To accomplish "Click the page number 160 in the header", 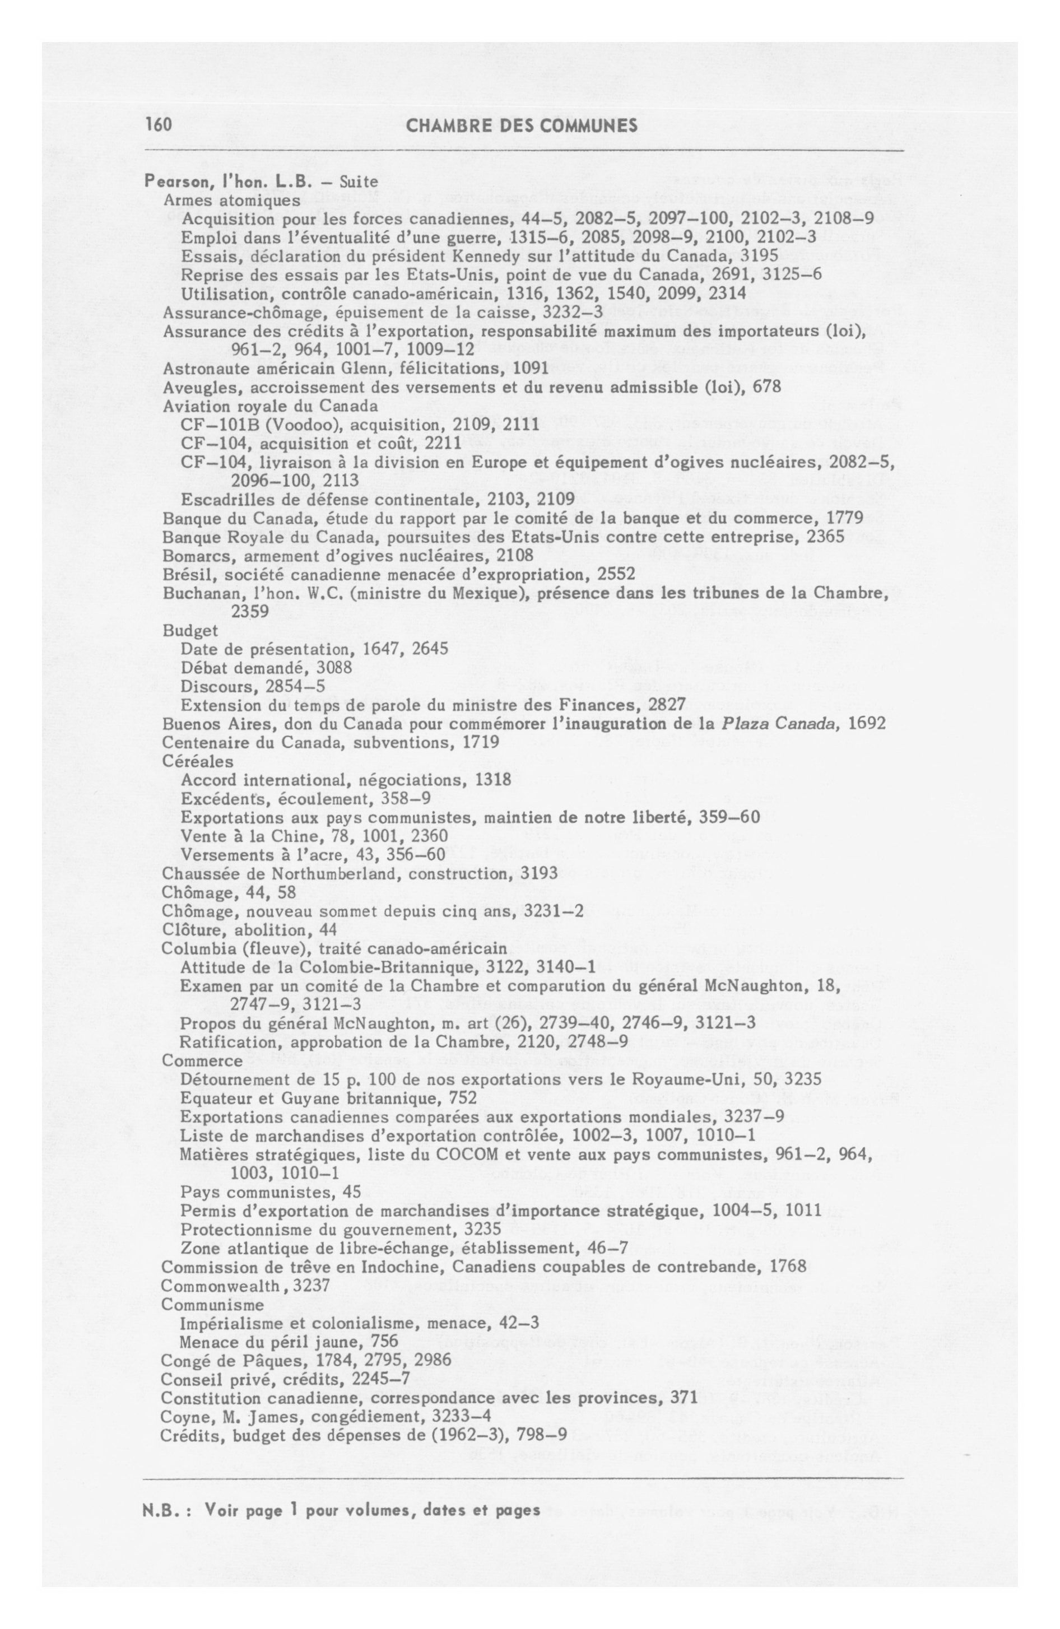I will (157, 125).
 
